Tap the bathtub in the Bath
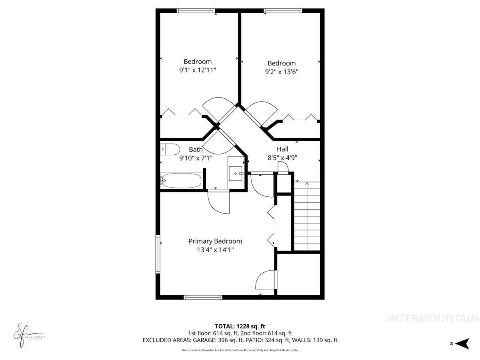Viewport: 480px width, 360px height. (180, 181)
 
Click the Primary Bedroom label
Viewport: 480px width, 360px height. (215, 241)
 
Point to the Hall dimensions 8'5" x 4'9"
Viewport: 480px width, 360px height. (282, 158)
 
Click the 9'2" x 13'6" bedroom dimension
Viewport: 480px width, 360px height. (282, 72)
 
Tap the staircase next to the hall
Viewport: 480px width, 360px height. (307, 216)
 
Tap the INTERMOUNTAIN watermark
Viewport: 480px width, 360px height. (433, 318)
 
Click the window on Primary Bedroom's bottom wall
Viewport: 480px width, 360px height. (203, 297)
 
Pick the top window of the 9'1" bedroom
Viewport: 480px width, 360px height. (196, 11)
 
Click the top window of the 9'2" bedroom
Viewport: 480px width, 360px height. (282, 11)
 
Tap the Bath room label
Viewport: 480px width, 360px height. (196, 150)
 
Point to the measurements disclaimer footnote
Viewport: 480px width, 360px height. (240, 350)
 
